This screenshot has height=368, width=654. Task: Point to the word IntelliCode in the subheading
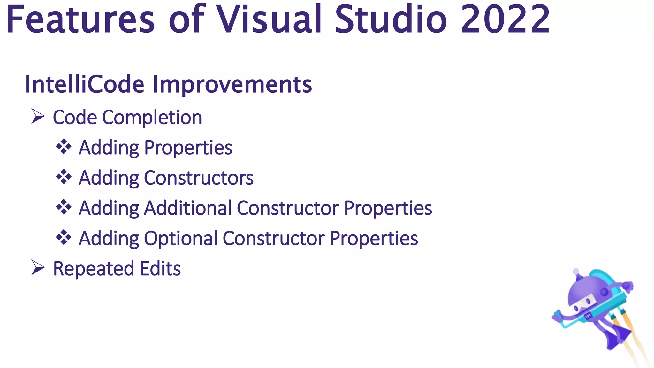tap(85, 84)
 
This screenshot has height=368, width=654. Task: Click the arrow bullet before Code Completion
tap(38, 116)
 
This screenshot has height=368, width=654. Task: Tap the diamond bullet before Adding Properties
tap(64, 147)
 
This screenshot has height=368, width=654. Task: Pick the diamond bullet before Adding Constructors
tap(64, 177)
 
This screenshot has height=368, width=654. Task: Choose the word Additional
tap(188, 208)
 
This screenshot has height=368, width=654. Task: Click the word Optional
tap(181, 239)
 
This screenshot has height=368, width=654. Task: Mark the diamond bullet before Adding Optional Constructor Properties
tap(64, 237)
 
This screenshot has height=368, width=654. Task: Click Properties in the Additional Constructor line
tap(388, 208)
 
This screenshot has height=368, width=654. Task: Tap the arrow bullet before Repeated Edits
tap(38, 268)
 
